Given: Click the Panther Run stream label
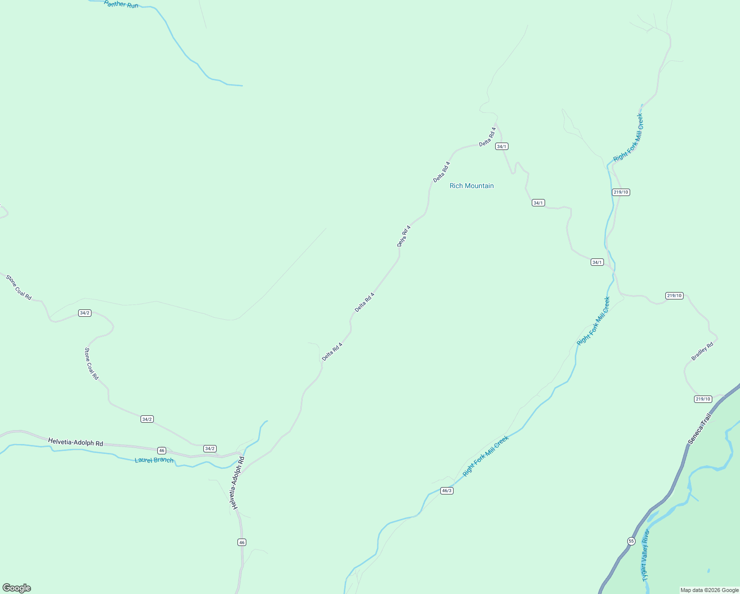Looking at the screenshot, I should (121, 4).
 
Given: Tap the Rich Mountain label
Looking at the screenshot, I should (471, 186).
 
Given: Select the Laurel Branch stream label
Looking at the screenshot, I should (154, 460).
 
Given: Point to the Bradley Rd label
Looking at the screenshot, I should (702, 351).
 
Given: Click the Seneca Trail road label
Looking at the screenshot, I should (699, 429).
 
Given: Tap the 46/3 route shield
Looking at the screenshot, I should (447, 491).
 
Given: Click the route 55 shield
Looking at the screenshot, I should (631, 541).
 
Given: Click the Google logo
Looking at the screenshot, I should (17, 588).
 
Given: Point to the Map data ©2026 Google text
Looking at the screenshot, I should (709, 590).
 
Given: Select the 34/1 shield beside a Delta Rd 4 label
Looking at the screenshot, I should (502, 147).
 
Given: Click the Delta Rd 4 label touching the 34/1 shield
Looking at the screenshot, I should (487, 137).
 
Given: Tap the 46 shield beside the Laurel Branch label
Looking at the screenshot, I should (162, 450).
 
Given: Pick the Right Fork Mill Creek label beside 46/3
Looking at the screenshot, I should (486, 456).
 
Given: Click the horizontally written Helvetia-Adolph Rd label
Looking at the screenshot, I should (76, 442).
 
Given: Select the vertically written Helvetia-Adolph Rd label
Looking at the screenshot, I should (237, 483).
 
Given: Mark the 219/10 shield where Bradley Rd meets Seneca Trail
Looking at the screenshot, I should (703, 399).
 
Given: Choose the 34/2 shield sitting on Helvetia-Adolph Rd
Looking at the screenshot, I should (210, 448).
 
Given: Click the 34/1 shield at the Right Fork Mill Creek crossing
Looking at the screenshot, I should (597, 262).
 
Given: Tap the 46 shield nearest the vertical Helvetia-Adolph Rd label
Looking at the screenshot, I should (241, 543).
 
